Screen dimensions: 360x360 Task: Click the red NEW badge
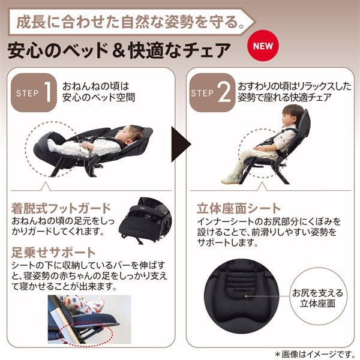(x=263, y=46)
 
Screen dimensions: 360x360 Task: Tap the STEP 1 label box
(x=34, y=92)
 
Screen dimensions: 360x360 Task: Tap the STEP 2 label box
(x=212, y=92)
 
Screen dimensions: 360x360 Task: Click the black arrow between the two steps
(x=181, y=144)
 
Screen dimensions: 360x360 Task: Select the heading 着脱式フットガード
(x=61, y=208)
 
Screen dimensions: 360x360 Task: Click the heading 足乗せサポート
(x=53, y=253)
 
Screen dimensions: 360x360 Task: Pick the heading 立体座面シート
(x=239, y=208)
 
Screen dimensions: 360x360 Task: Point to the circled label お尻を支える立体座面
(x=318, y=298)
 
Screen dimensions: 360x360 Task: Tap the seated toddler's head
(x=292, y=116)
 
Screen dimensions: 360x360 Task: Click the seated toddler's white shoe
(x=230, y=178)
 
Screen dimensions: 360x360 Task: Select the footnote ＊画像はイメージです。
(x=315, y=354)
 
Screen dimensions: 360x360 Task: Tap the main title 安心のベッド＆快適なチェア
(x=119, y=50)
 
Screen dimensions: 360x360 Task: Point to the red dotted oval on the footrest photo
(x=86, y=334)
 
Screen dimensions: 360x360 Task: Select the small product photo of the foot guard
(x=145, y=220)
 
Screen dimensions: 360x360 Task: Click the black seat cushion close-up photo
(x=241, y=296)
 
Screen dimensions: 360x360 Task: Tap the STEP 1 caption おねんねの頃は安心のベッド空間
(x=98, y=92)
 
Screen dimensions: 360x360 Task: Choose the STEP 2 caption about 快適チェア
(x=295, y=92)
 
